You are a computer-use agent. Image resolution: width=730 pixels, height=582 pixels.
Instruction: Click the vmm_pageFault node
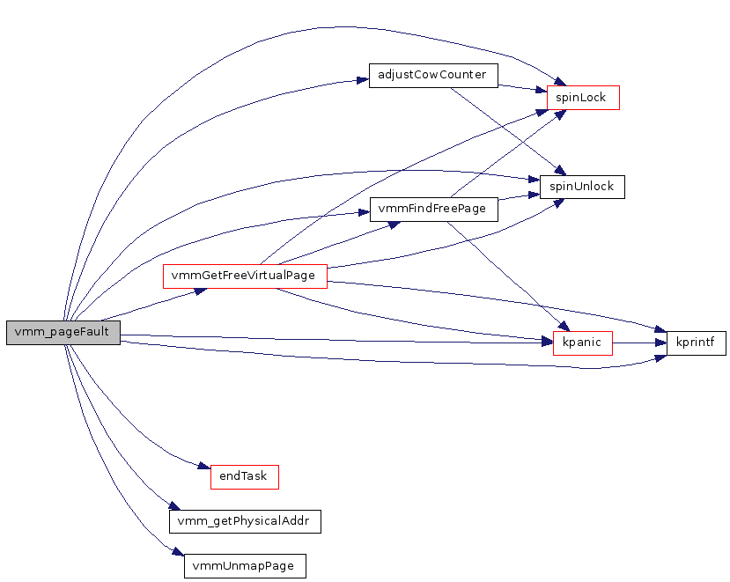(x=63, y=332)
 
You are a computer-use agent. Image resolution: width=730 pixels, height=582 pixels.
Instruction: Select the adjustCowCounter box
(x=432, y=75)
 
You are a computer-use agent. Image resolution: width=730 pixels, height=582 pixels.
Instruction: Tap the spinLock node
(x=583, y=98)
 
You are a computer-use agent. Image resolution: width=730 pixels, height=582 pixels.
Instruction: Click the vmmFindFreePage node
(x=434, y=210)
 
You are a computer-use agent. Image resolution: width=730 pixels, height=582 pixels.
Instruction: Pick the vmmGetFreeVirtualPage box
(x=245, y=276)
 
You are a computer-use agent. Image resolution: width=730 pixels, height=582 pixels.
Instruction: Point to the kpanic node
(x=582, y=343)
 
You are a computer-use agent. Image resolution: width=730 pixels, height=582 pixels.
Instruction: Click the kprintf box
(x=696, y=343)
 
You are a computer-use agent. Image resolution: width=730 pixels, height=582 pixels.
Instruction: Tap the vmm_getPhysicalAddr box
(x=245, y=521)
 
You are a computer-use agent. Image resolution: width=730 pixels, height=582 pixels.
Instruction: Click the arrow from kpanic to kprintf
(x=638, y=343)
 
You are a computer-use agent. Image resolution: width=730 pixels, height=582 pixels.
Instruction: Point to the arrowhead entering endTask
(x=204, y=468)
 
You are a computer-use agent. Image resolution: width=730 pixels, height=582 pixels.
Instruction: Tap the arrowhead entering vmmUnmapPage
(x=178, y=553)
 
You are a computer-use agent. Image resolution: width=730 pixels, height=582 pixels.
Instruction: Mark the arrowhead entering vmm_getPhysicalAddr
(x=174, y=506)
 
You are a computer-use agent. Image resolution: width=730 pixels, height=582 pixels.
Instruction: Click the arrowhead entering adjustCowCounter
(x=362, y=80)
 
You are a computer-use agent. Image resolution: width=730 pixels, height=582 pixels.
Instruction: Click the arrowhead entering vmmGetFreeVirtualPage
(x=201, y=289)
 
